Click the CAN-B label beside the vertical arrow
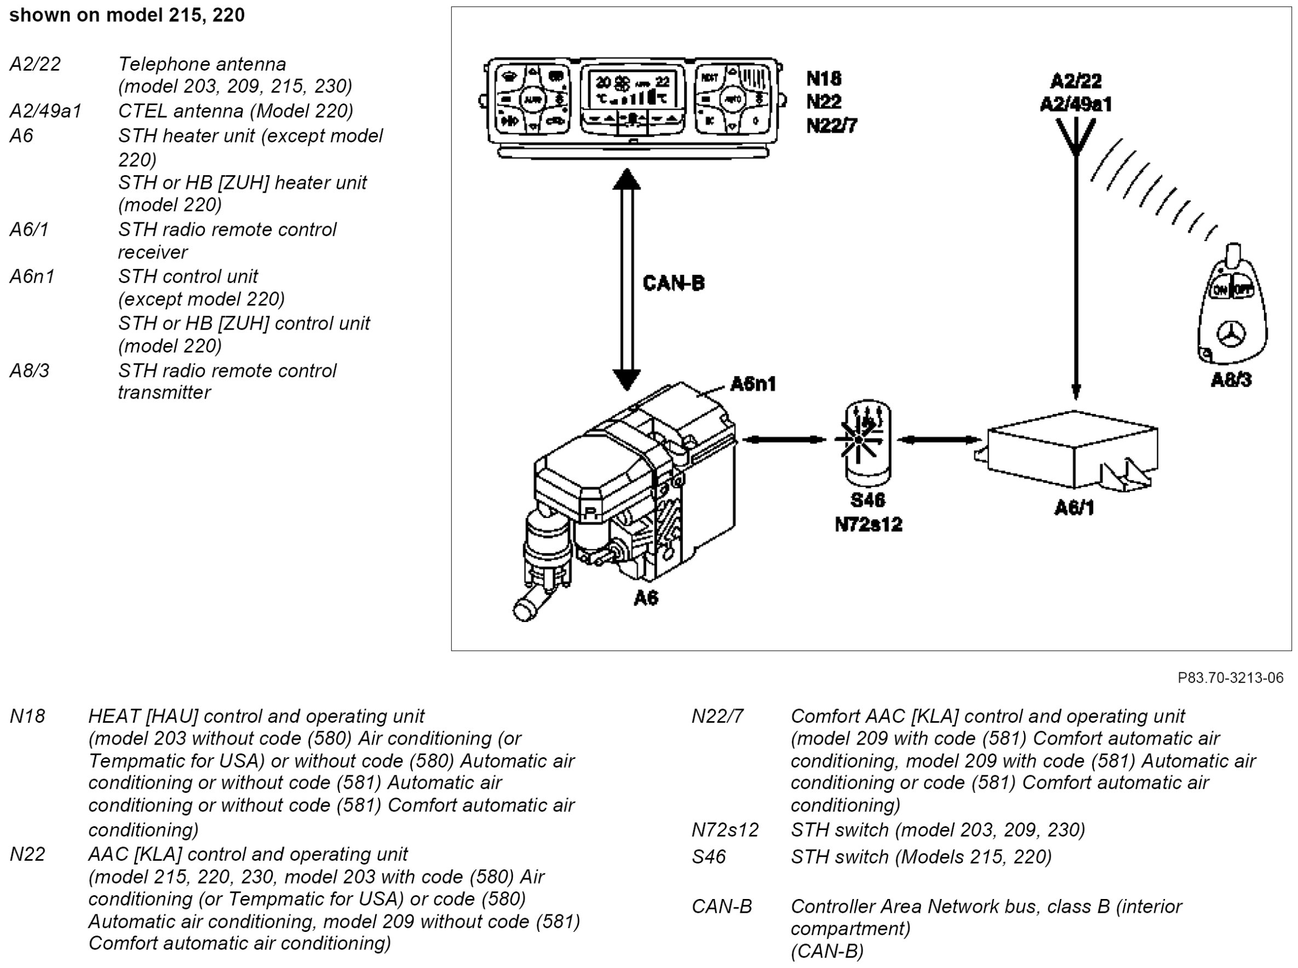(673, 283)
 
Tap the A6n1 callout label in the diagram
(753, 384)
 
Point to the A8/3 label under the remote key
(1231, 381)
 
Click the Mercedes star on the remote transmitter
(1231, 335)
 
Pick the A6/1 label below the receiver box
(1073, 508)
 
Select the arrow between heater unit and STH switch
(784, 439)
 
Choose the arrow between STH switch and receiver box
(939, 440)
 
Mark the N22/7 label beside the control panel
(831, 125)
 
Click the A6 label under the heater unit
(646, 598)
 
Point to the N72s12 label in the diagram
(868, 525)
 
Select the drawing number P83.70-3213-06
(1230, 678)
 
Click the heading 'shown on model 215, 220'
(127, 15)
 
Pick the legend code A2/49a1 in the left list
(45, 111)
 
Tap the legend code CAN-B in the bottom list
(721, 907)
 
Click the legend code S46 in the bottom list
(709, 857)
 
